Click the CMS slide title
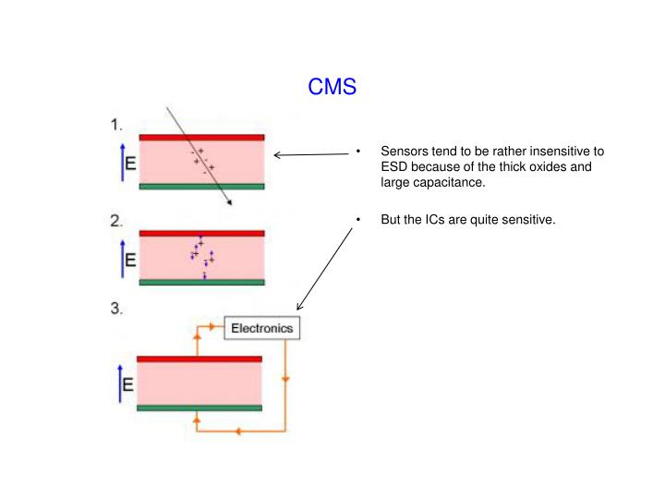coord(332,88)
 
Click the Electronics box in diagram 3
coord(261,328)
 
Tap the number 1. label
coord(117,124)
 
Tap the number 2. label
coord(116,221)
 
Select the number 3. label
coord(117,310)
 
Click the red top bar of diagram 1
coord(201,137)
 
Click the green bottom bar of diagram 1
coord(201,186)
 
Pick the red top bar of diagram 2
coord(201,234)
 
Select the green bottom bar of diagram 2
coord(201,282)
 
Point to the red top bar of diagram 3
coord(199,359)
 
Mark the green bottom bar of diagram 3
coord(199,407)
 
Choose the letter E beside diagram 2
coord(130,262)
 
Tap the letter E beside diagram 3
coord(128,383)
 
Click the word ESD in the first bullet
coord(393,167)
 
